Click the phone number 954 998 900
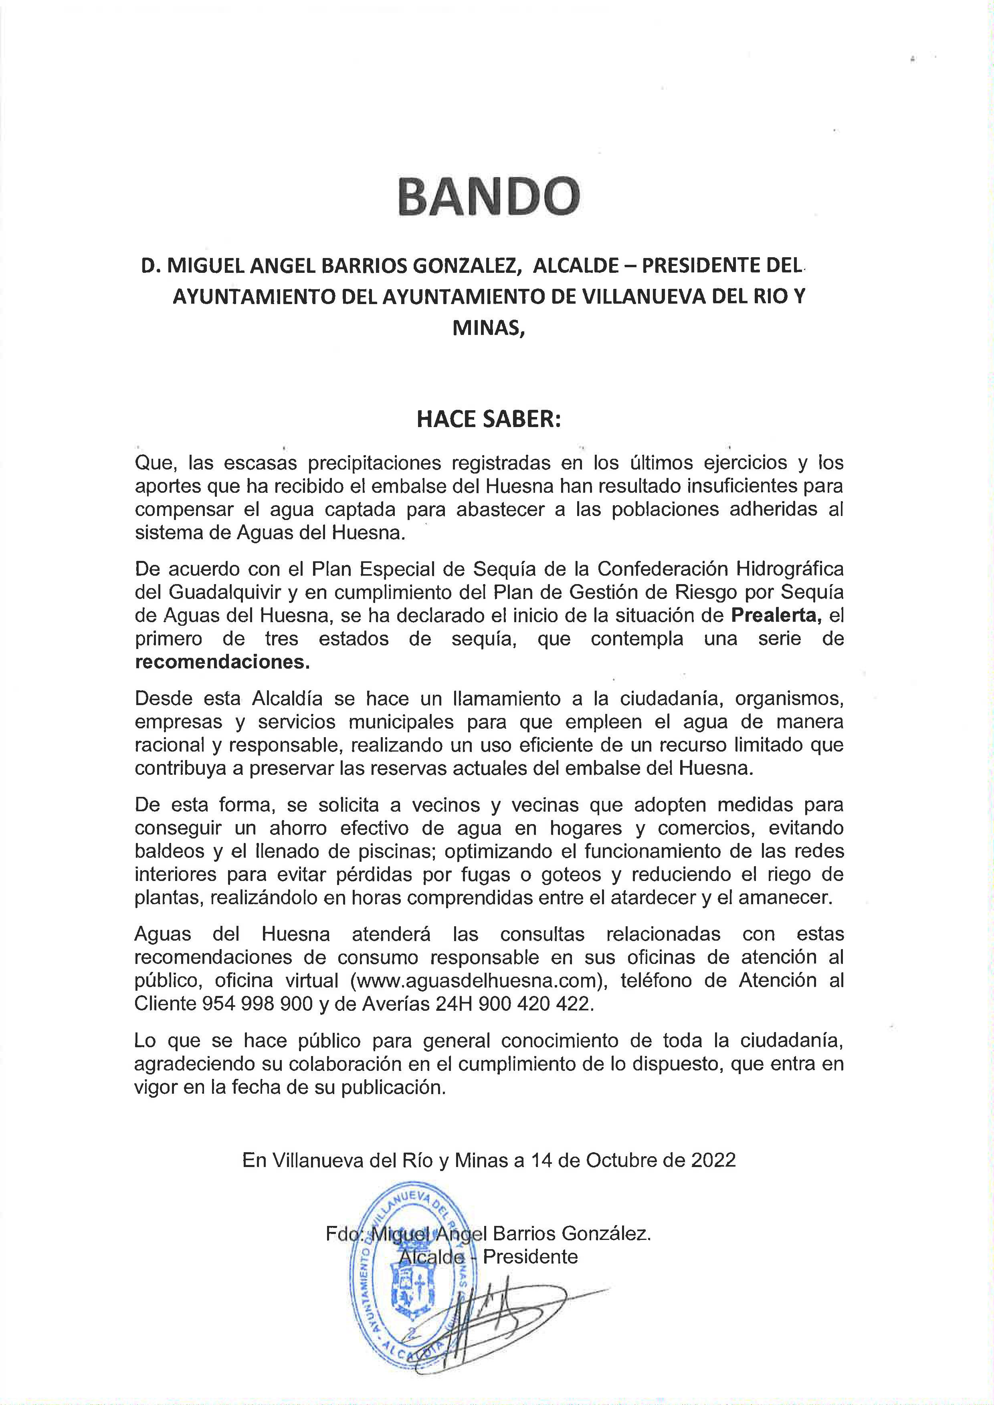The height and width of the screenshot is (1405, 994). point(257,1004)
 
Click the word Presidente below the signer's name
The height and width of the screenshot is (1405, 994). point(530,1256)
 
